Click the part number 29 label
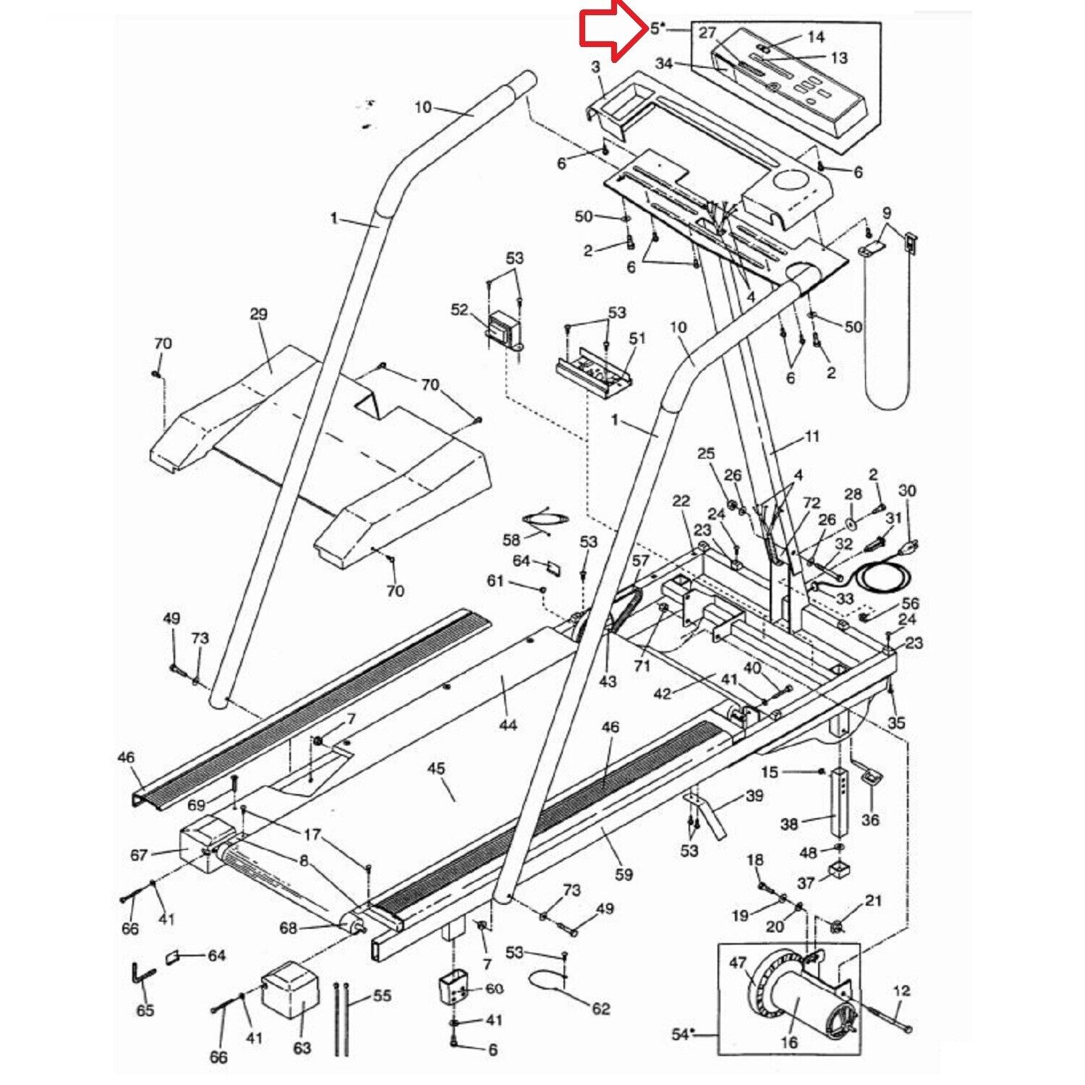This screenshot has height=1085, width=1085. pos(258,314)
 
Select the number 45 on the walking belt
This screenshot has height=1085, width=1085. pos(435,768)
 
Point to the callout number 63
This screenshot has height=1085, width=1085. pos(302,1047)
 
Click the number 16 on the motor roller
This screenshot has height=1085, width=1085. pos(788,1042)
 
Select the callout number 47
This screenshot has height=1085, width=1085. pos(737,963)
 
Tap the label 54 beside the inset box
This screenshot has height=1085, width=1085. pos(680,1034)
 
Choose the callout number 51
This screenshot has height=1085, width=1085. pos(637,339)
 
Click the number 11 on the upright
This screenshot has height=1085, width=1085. pos(812,436)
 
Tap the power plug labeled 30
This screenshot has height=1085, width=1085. pos(909,547)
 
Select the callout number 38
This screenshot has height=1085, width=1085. pos(788,823)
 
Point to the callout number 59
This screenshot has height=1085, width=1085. pos(624,874)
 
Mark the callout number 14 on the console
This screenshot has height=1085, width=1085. pos(816,37)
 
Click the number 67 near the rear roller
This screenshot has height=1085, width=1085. pos(139,855)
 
